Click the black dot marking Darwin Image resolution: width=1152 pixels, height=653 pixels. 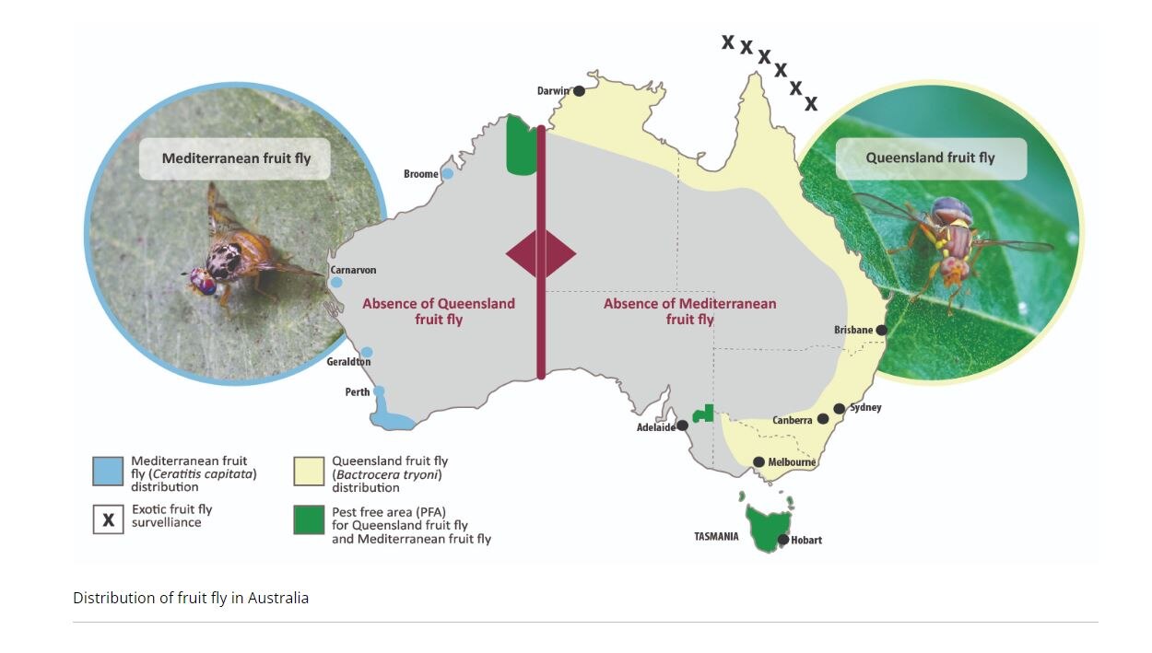coord(579,91)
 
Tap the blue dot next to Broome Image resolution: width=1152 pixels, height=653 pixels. coord(448,173)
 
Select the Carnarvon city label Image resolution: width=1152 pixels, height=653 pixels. coord(354,270)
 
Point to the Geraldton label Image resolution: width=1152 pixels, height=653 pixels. coord(348,362)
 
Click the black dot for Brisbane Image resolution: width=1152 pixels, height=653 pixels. coord(882,330)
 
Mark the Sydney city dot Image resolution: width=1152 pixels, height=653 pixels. coord(840,408)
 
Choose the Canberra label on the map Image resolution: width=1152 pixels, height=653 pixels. coord(792,420)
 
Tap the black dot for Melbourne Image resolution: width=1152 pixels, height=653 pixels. coord(758,462)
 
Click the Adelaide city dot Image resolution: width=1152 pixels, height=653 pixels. coord(683,426)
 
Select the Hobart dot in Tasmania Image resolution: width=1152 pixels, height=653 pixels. coord(783,540)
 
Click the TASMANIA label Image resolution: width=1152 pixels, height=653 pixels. coord(716,536)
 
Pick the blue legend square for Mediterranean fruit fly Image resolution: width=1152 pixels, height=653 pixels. coord(108,471)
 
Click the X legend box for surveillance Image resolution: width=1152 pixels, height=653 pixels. coord(108,519)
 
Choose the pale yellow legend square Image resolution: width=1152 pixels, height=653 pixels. coord(309,471)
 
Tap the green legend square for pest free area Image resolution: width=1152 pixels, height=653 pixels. coord(309,519)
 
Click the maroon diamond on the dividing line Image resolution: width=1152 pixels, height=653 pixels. coord(541,253)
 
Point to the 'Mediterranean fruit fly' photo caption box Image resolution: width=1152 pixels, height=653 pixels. coord(237,158)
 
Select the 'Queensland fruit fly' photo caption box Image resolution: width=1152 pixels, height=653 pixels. coord(930,158)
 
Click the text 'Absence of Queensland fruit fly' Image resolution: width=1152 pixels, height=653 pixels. coord(438,310)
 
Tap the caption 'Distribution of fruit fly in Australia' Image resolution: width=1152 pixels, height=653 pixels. coord(191,598)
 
